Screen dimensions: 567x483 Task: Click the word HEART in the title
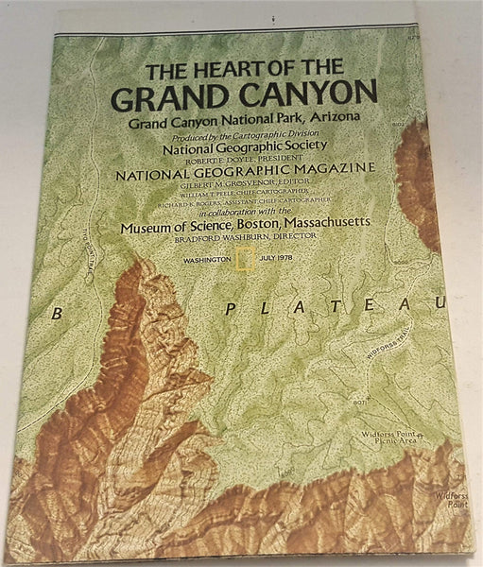201,71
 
